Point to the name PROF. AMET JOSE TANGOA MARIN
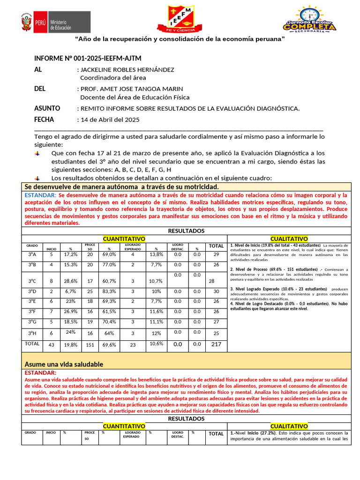132,89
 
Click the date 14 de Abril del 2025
110,120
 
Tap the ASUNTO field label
47,108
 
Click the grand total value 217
216,344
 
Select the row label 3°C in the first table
32,281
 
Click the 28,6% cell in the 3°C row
70,281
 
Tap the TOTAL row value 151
90,345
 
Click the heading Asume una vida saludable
64,364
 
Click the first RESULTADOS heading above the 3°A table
186,231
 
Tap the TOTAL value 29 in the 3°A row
216,254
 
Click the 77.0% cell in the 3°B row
109,264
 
